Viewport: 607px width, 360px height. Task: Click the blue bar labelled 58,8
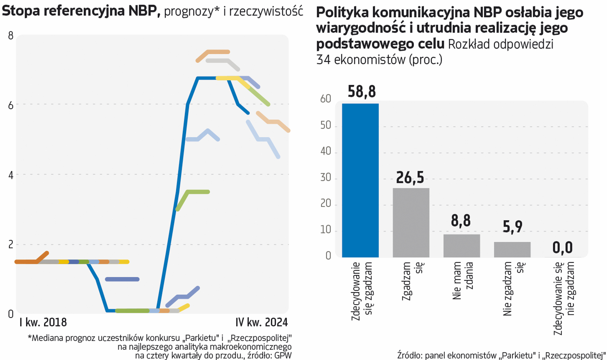coord(360,180)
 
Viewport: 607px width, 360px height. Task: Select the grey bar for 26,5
coord(411,222)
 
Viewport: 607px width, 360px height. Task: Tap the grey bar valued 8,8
coord(462,246)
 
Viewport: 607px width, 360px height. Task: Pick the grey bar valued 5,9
coord(512,249)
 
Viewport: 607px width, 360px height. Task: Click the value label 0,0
coord(563,248)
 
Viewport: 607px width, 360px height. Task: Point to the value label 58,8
coord(362,92)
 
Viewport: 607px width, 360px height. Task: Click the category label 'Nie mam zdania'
coord(463,281)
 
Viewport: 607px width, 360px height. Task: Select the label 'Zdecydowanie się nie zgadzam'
coord(564,298)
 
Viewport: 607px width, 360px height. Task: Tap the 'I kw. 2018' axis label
coord(43,322)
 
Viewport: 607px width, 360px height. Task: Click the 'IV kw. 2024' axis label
coord(261,322)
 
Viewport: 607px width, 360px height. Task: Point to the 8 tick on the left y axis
coord(11,36)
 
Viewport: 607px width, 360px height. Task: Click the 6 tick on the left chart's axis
coord(11,105)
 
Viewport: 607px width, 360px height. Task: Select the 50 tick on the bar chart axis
coord(326,125)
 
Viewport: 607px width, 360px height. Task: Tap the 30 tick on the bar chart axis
coord(326,177)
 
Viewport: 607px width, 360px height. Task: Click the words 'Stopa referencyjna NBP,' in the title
coord(81,11)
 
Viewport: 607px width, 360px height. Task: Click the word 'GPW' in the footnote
coord(283,355)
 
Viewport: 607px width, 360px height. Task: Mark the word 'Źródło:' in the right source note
coord(410,355)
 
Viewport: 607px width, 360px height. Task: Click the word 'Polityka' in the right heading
coord(342,12)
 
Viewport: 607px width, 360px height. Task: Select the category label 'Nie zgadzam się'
coord(513,288)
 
